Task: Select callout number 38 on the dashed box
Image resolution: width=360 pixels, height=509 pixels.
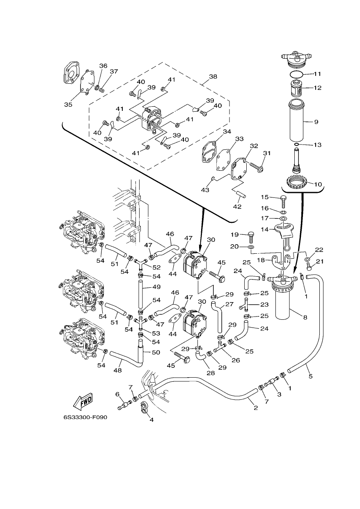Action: click(213, 76)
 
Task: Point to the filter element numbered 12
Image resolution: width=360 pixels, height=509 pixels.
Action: click(297, 89)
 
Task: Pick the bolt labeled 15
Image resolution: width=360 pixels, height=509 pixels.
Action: click(283, 201)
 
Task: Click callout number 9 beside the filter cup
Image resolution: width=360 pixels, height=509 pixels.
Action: click(316, 122)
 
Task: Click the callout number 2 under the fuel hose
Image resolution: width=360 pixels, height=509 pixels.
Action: click(256, 408)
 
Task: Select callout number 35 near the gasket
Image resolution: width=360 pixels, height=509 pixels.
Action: click(68, 105)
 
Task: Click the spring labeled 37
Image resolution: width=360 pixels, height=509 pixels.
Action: click(103, 90)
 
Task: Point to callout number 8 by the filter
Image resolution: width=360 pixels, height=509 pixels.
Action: click(305, 317)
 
